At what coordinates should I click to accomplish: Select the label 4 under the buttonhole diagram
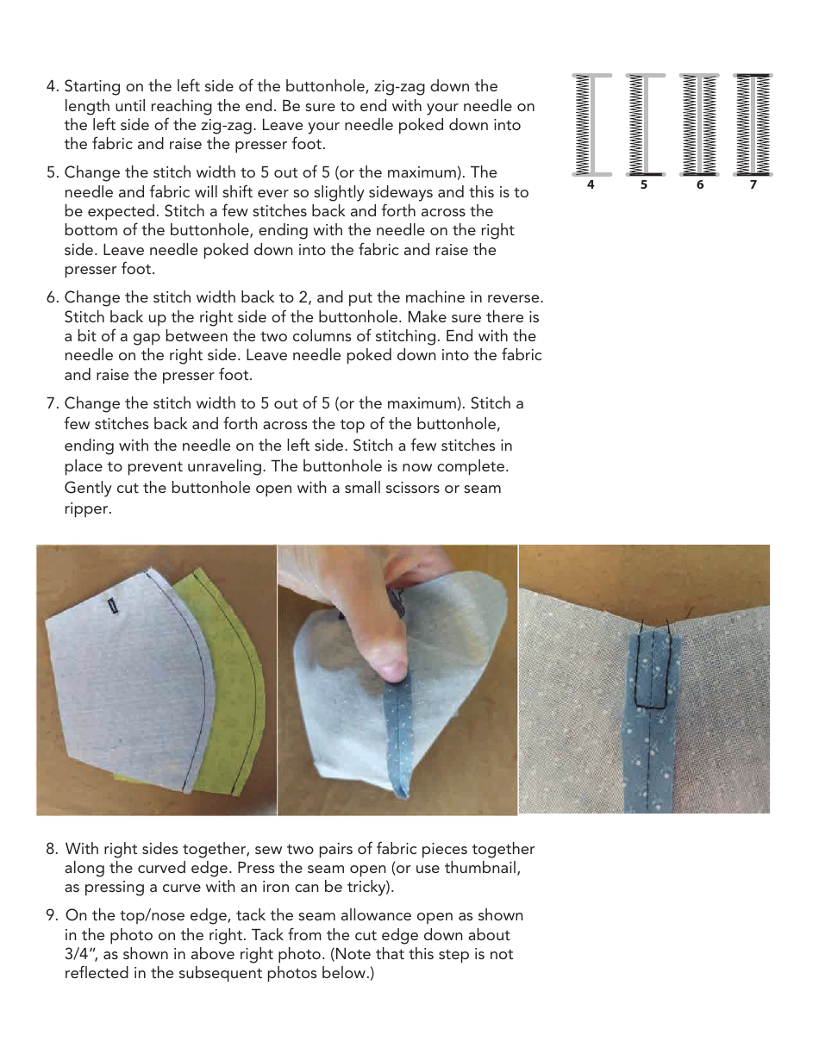591,185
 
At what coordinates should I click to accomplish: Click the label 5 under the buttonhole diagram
645,185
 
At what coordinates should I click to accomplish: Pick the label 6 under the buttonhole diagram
699,185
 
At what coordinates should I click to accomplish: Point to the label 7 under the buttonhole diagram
753,185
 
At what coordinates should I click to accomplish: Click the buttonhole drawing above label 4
591,124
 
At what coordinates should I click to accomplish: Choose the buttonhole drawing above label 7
753,124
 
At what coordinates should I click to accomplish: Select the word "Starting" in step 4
92,87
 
